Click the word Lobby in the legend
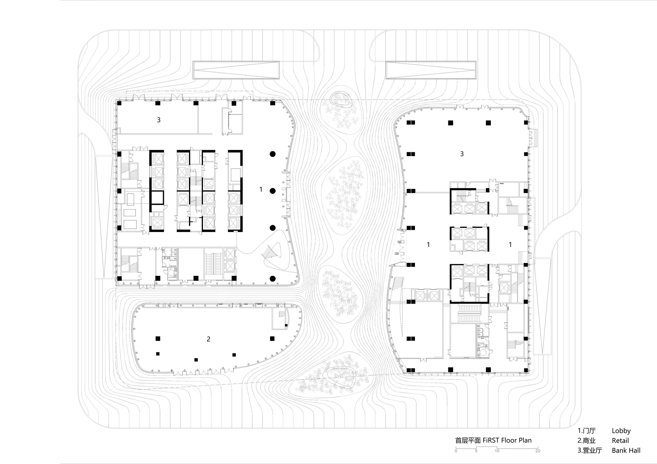[x=621, y=431]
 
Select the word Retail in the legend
[x=620, y=441]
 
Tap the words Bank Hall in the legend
[x=626, y=451]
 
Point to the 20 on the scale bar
[x=537, y=451]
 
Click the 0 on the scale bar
[x=456, y=451]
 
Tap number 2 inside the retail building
[x=209, y=339]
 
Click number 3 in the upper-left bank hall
[x=159, y=120]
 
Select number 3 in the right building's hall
[x=462, y=154]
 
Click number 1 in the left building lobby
[x=261, y=189]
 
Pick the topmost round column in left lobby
[x=272, y=154]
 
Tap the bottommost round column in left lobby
[x=272, y=279]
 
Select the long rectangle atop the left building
[x=236, y=70]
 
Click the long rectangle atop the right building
[x=431, y=70]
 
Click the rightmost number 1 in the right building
[x=510, y=244]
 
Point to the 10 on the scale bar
[x=497, y=451]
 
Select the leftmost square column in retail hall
[x=158, y=338]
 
